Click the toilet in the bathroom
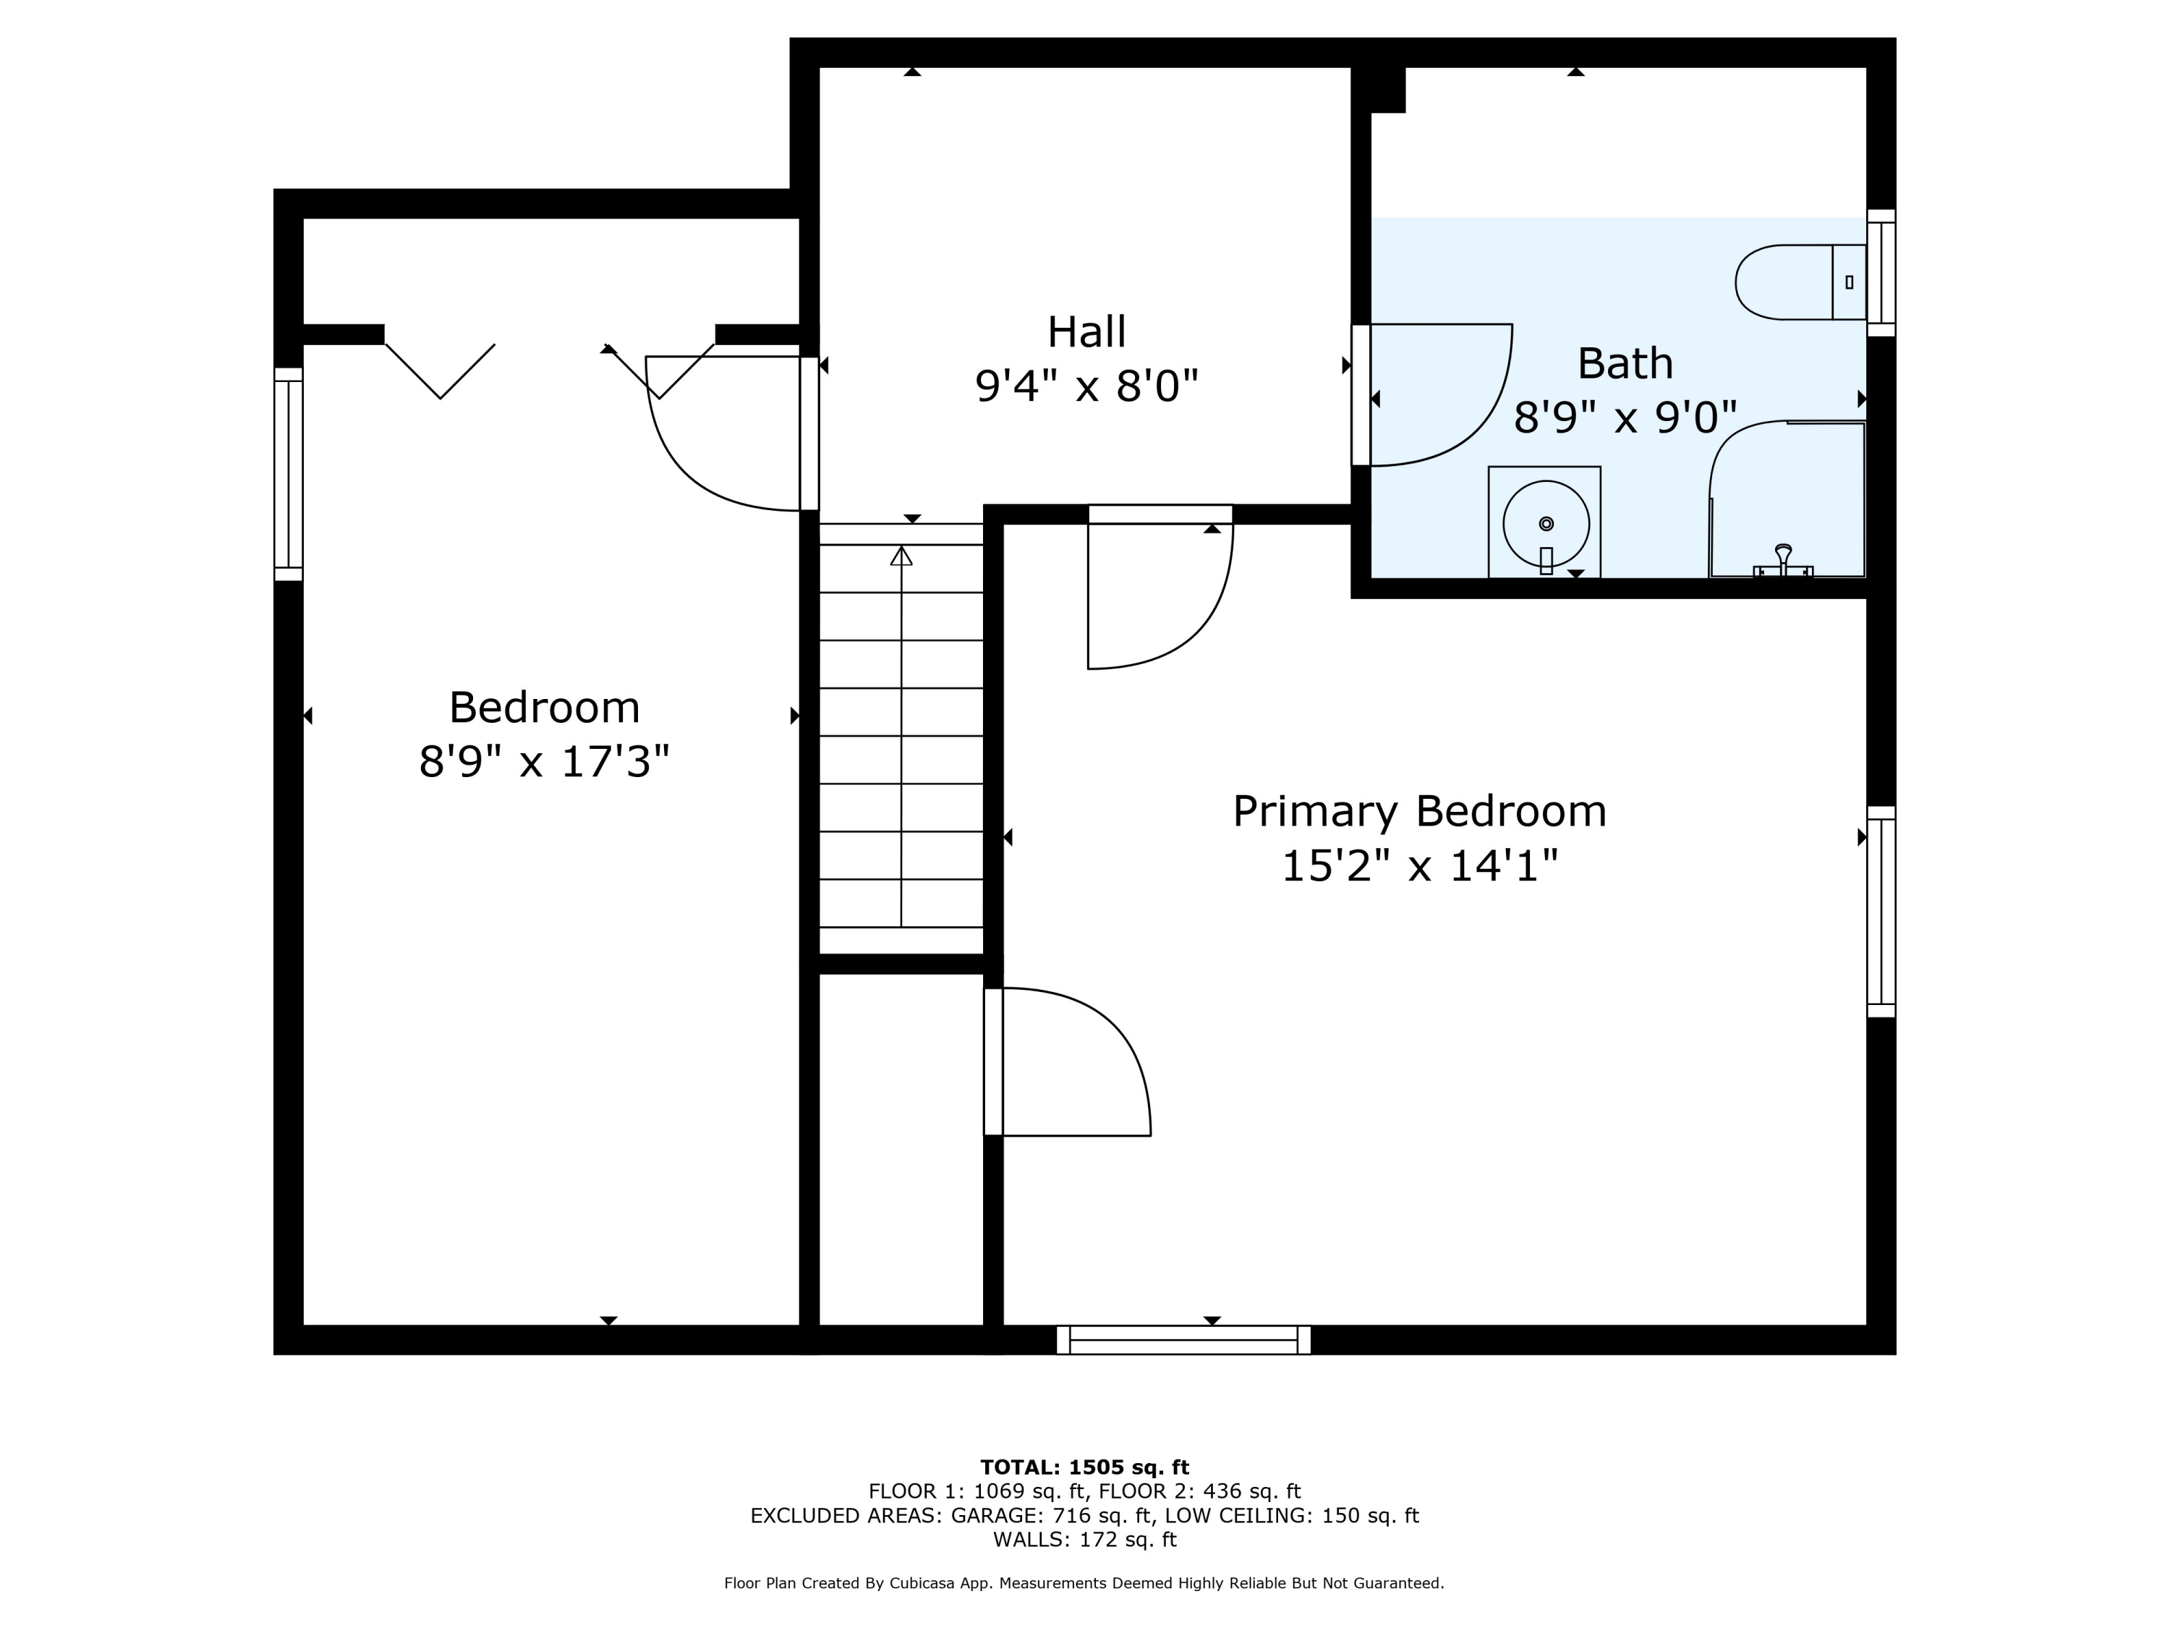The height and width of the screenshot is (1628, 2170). click(1800, 283)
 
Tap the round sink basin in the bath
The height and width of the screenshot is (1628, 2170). click(1546, 523)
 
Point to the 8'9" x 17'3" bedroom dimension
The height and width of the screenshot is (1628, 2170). click(545, 761)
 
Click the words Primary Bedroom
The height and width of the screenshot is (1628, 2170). click(1419, 812)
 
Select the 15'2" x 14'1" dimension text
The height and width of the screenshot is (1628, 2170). click(1419, 865)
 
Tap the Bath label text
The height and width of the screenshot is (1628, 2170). click(1625, 363)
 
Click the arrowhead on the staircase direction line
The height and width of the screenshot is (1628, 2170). click(901, 556)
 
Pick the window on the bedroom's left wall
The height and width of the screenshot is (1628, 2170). click(289, 474)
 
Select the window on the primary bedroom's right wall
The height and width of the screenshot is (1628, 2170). click(1881, 912)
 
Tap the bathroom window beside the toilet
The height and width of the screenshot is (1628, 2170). click(1881, 273)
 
